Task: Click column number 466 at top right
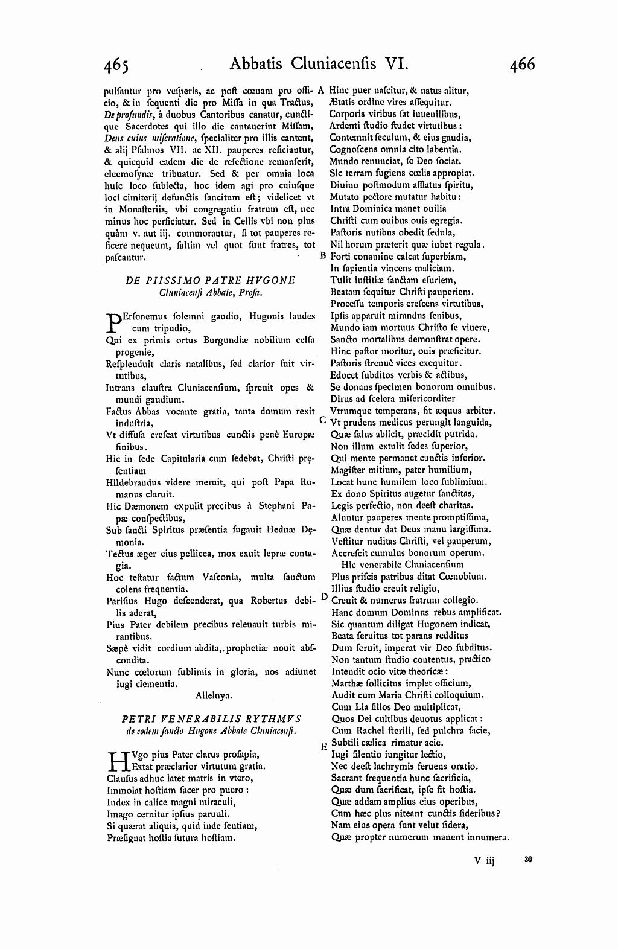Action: click(x=521, y=63)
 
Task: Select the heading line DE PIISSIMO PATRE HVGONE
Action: click(x=210, y=281)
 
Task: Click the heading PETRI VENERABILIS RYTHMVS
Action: click(x=211, y=718)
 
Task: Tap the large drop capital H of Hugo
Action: click(x=117, y=760)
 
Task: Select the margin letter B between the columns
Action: click(x=322, y=255)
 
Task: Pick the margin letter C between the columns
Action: click(x=322, y=420)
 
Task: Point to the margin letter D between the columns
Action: click(x=323, y=596)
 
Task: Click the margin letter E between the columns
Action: click(x=323, y=747)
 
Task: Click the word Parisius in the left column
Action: click(x=123, y=601)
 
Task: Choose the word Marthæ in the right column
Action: click(x=346, y=683)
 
